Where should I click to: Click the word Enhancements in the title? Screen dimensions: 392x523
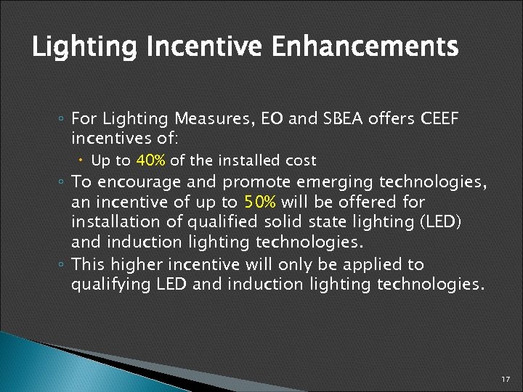(365, 47)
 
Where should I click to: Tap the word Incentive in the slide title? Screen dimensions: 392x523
(205, 49)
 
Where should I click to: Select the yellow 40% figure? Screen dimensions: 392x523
(150, 160)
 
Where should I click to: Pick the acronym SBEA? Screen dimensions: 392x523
(344, 118)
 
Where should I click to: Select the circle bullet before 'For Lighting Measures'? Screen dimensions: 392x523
(62, 118)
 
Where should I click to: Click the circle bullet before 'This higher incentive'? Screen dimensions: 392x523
(62, 264)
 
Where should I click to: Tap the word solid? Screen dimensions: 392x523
(275, 221)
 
